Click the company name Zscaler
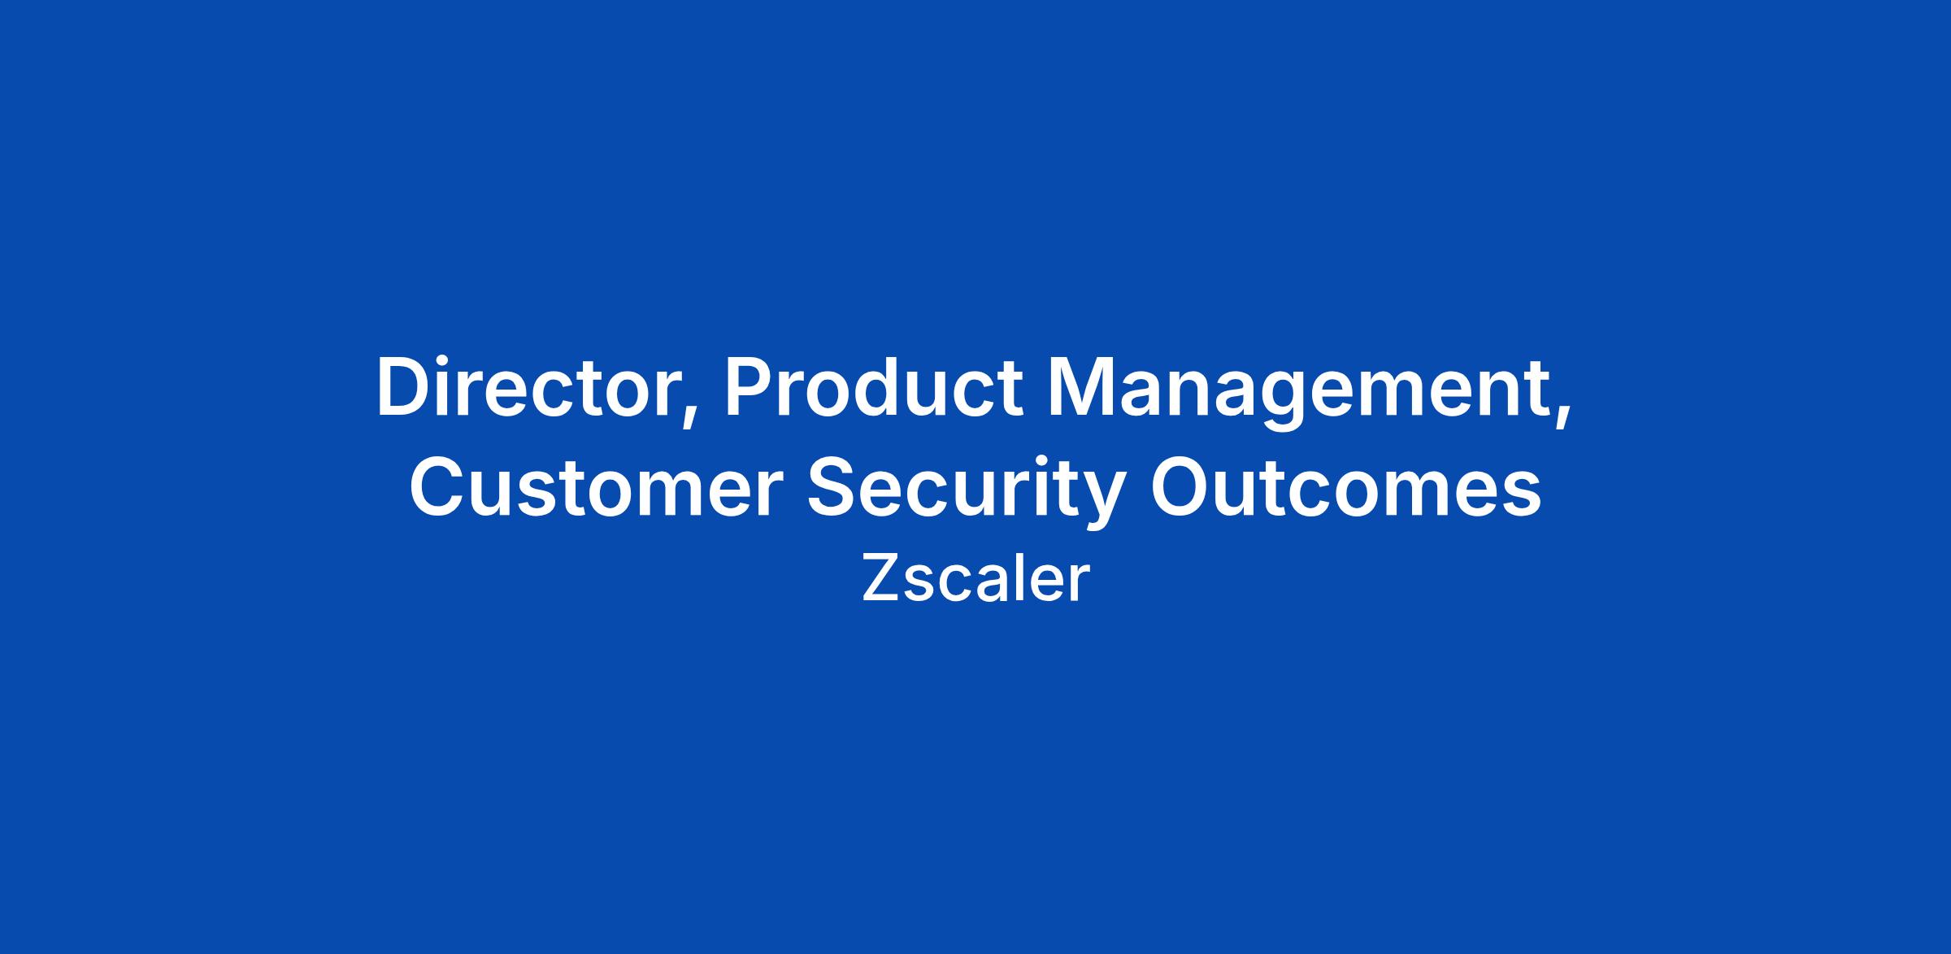coord(975,578)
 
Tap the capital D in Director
coord(404,388)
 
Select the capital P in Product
coord(750,388)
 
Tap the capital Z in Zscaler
coord(880,578)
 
